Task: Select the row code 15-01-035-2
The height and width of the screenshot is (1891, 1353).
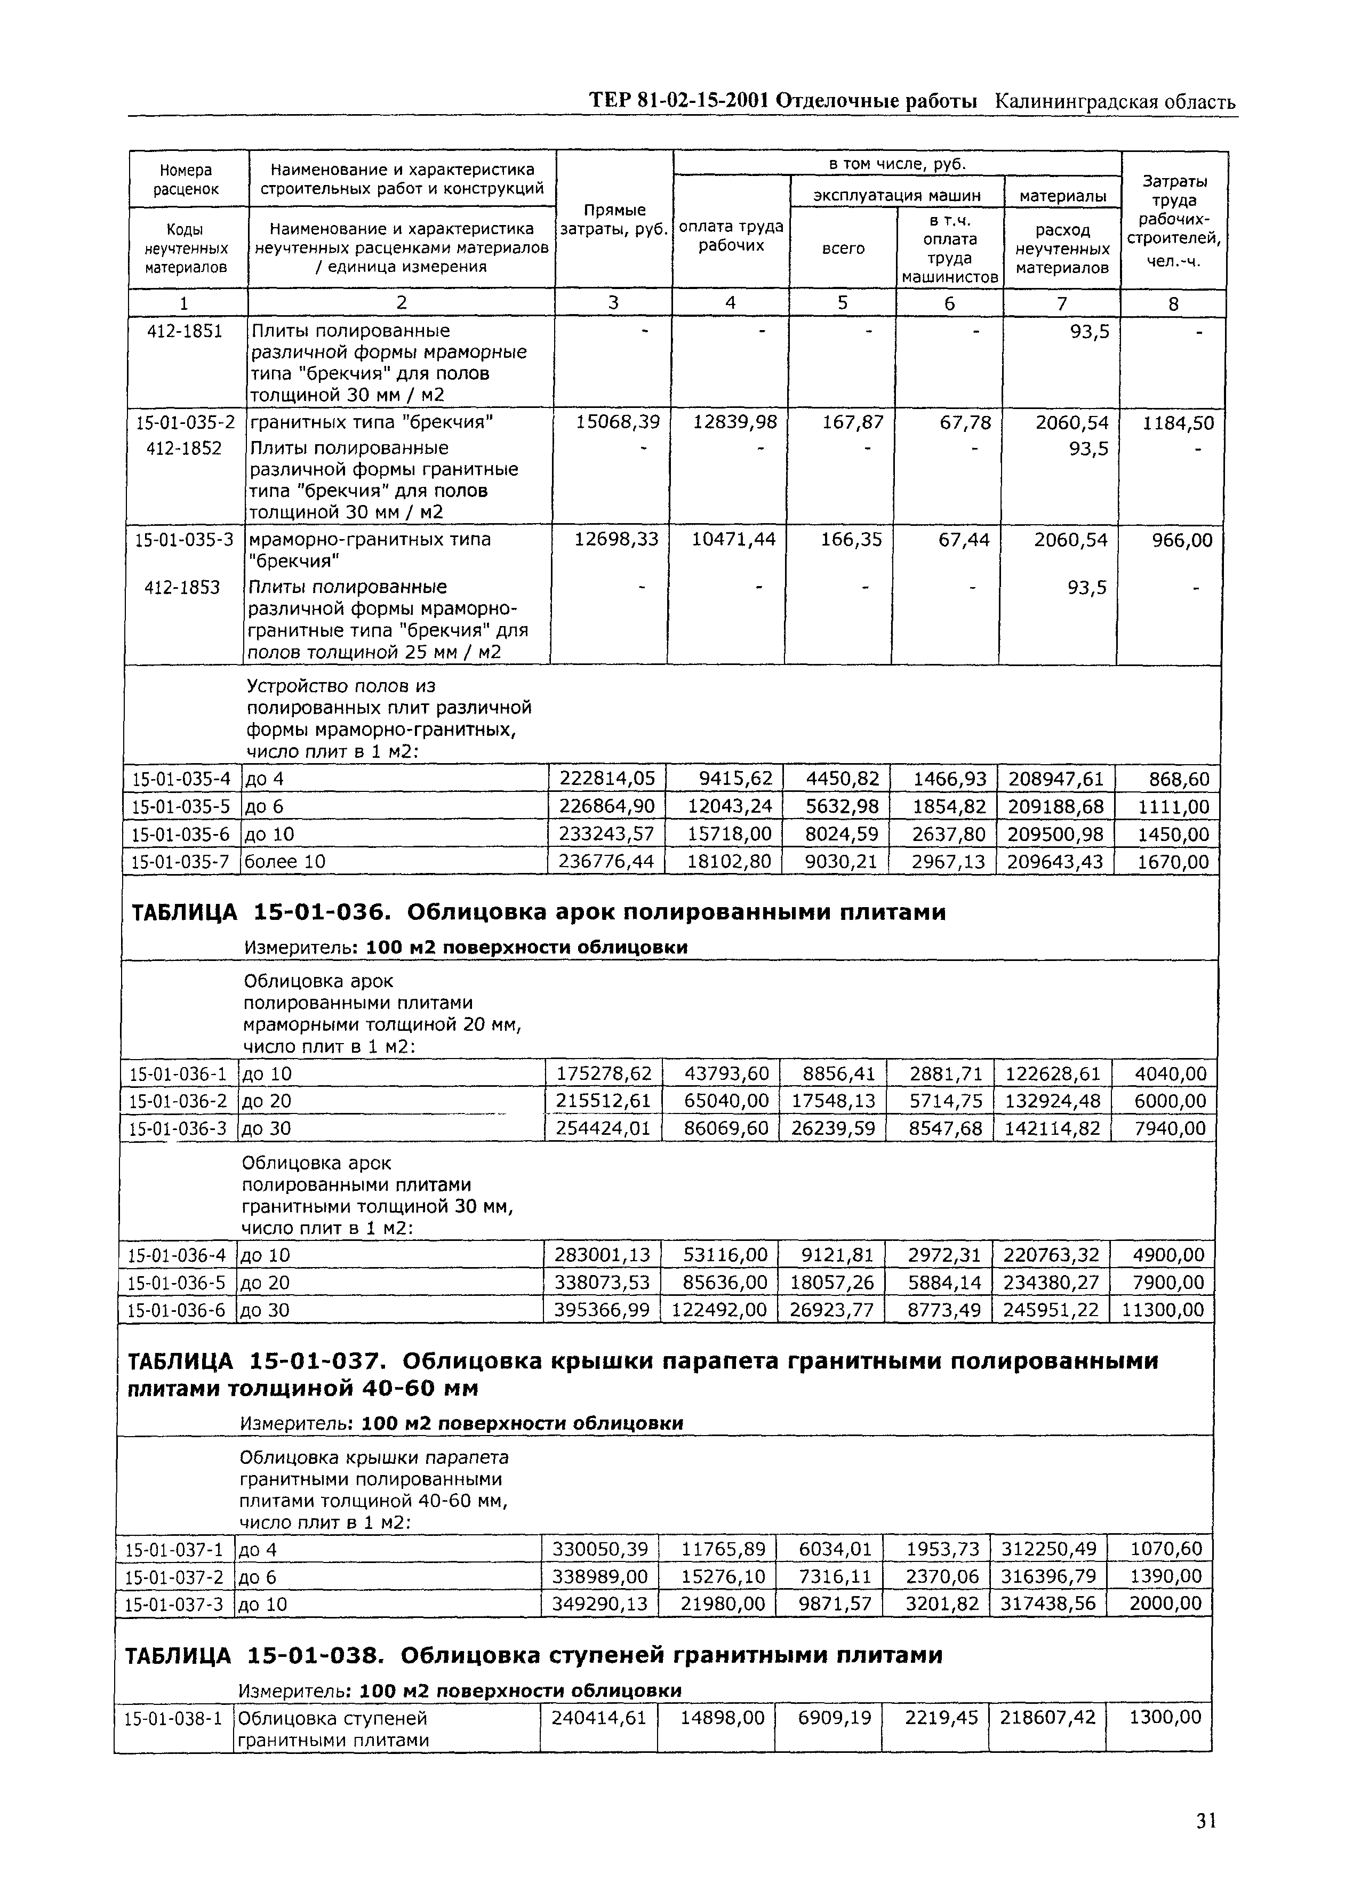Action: click(186, 422)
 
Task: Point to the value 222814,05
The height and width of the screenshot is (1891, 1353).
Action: click(606, 779)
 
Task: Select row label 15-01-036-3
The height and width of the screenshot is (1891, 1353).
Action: click(178, 1128)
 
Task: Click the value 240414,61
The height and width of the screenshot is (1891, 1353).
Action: click(598, 1717)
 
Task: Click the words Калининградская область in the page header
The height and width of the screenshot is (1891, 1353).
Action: click(1115, 102)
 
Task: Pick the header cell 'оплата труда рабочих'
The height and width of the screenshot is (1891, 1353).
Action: click(731, 236)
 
